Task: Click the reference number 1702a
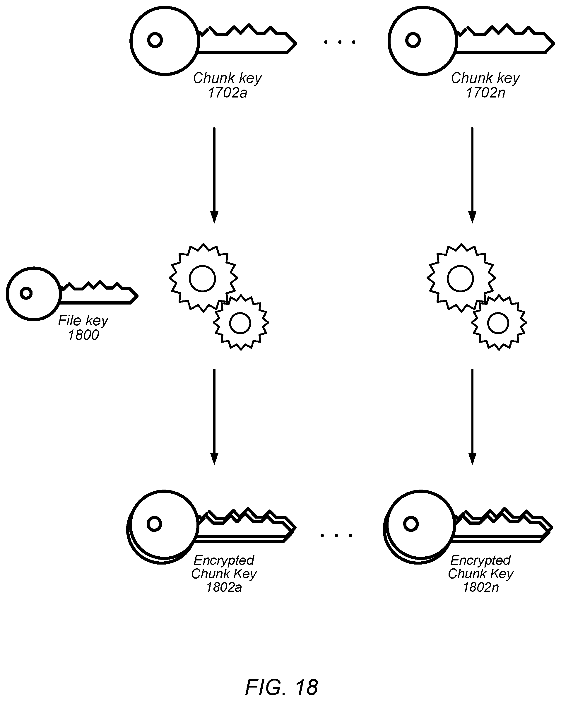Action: coord(228,93)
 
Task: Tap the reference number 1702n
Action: coord(485,93)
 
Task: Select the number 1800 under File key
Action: coord(83,335)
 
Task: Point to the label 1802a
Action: coord(224,587)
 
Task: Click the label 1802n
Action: coord(481,587)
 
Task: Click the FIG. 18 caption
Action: coord(281,686)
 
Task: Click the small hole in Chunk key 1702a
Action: coord(155,40)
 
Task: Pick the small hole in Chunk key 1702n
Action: coord(413,40)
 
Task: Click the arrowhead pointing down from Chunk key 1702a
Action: coord(214,217)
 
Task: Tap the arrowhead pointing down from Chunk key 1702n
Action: coord(472,217)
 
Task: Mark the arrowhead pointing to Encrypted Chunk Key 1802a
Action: coord(214,459)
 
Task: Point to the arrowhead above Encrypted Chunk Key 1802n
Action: coord(472,459)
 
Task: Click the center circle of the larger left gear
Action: coord(203,266)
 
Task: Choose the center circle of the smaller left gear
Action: coord(240,313)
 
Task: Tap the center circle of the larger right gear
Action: coord(461,266)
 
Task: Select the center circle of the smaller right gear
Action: coord(498,313)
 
